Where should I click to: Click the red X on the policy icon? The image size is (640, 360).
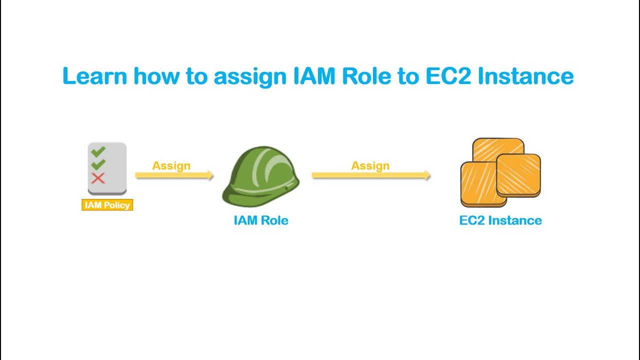pyautogui.click(x=98, y=178)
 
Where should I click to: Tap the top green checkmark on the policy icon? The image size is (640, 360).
pyautogui.click(x=98, y=150)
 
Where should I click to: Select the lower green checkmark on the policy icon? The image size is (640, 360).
pyautogui.click(x=98, y=164)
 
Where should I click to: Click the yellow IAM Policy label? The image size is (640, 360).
pyautogui.click(x=107, y=205)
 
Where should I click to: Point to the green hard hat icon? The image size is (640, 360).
pyautogui.click(x=260, y=176)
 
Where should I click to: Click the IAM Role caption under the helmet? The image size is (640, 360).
pyautogui.click(x=261, y=220)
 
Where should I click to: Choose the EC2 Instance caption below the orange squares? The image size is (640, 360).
pyautogui.click(x=500, y=220)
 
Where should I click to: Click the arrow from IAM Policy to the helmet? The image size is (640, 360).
pyautogui.click(x=174, y=175)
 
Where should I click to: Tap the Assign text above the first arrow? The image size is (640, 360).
pyautogui.click(x=171, y=165)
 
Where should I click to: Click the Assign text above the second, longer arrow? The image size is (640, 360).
pyautogui.click(x=370, y=165)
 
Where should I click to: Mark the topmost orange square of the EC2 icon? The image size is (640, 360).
pyautogui.click(x=498, y=147)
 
